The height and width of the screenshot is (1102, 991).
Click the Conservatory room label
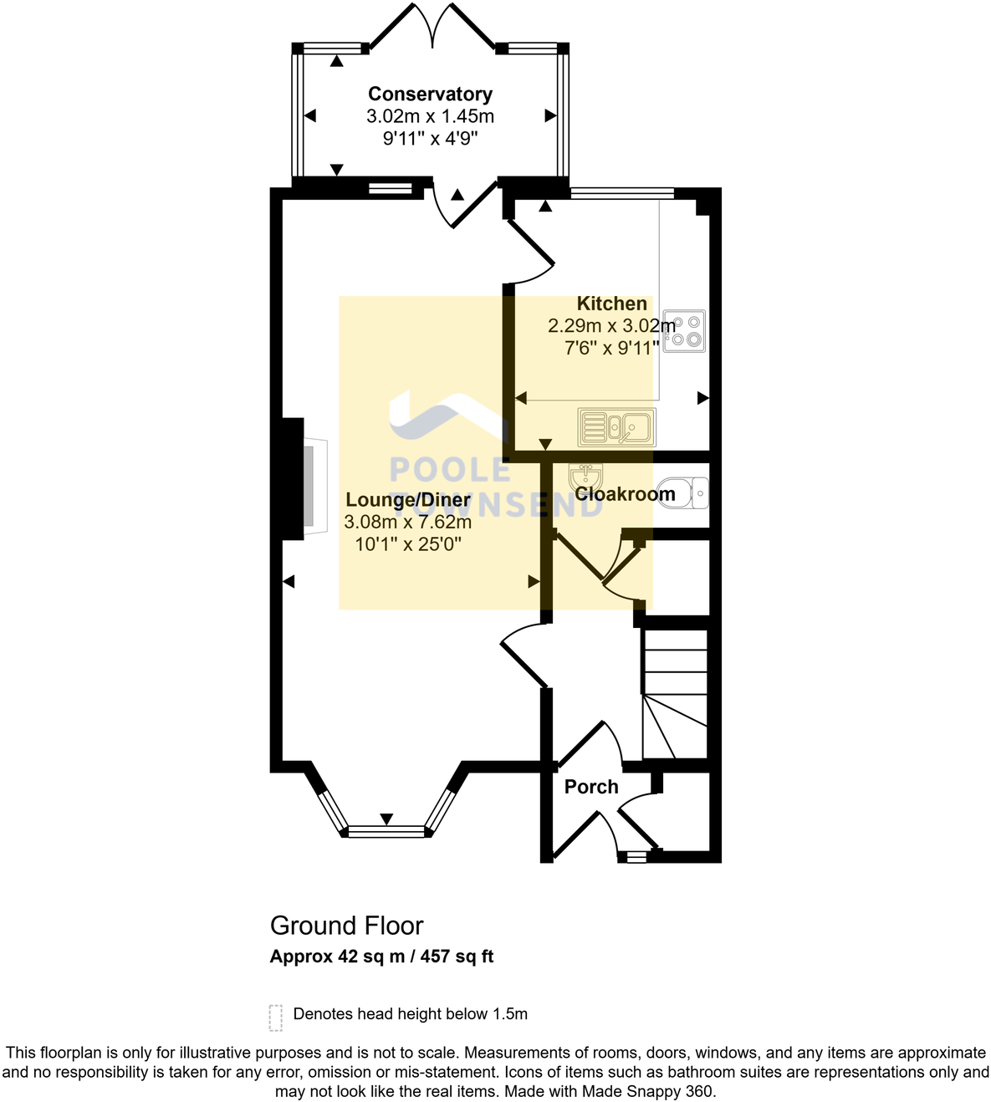pos(430,94)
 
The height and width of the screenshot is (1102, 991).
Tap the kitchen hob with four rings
pos(685,330)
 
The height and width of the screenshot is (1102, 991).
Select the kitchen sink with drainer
pos(617,427)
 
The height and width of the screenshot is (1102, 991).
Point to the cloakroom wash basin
pos(586,477)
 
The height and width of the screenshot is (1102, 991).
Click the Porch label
pos(591,787)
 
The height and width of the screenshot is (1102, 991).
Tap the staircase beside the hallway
pos(675,694)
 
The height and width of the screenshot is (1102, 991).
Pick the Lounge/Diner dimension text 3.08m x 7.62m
pos(408,523)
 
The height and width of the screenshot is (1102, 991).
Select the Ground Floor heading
pos(346,926)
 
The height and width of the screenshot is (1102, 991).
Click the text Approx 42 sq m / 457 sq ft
pos(381,957)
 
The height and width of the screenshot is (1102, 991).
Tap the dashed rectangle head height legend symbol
pos(276,1017)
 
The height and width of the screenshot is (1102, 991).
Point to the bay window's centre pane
pos(386,831)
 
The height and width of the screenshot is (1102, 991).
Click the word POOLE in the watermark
pos(450,470)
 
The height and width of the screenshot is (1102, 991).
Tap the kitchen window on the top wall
pos(621,194)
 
